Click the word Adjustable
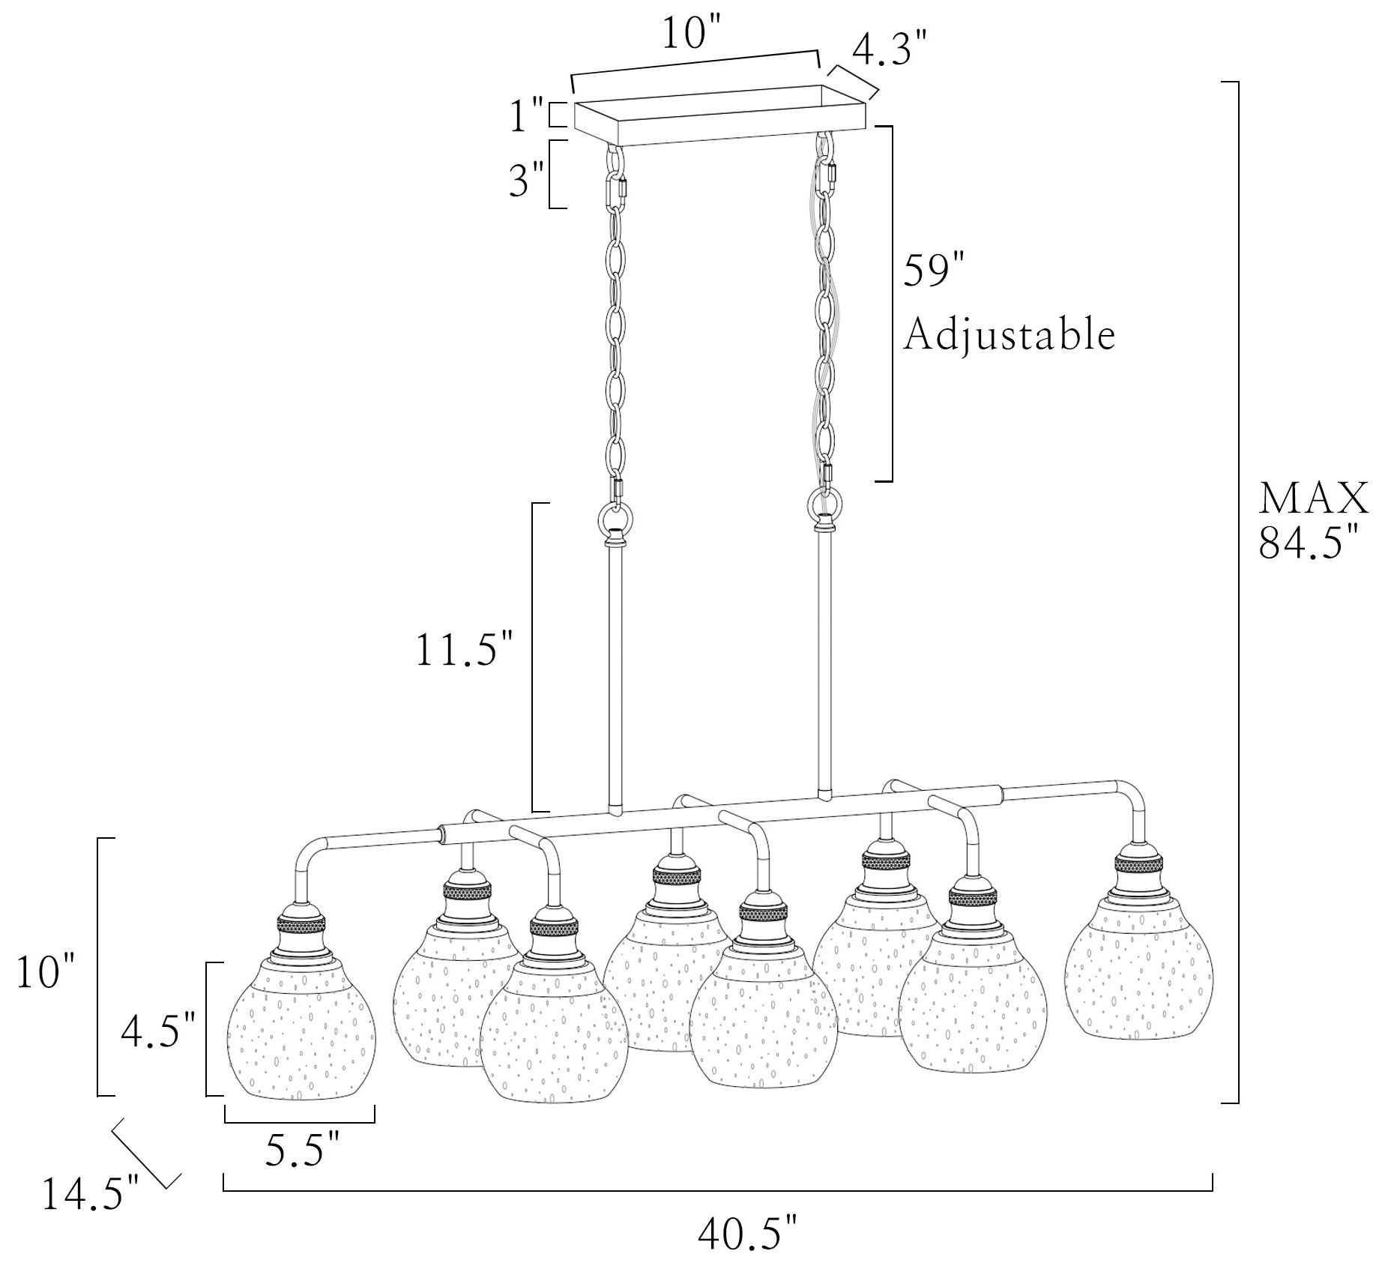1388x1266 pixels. (1009, 336)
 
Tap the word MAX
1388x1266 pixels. (1314, 498)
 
